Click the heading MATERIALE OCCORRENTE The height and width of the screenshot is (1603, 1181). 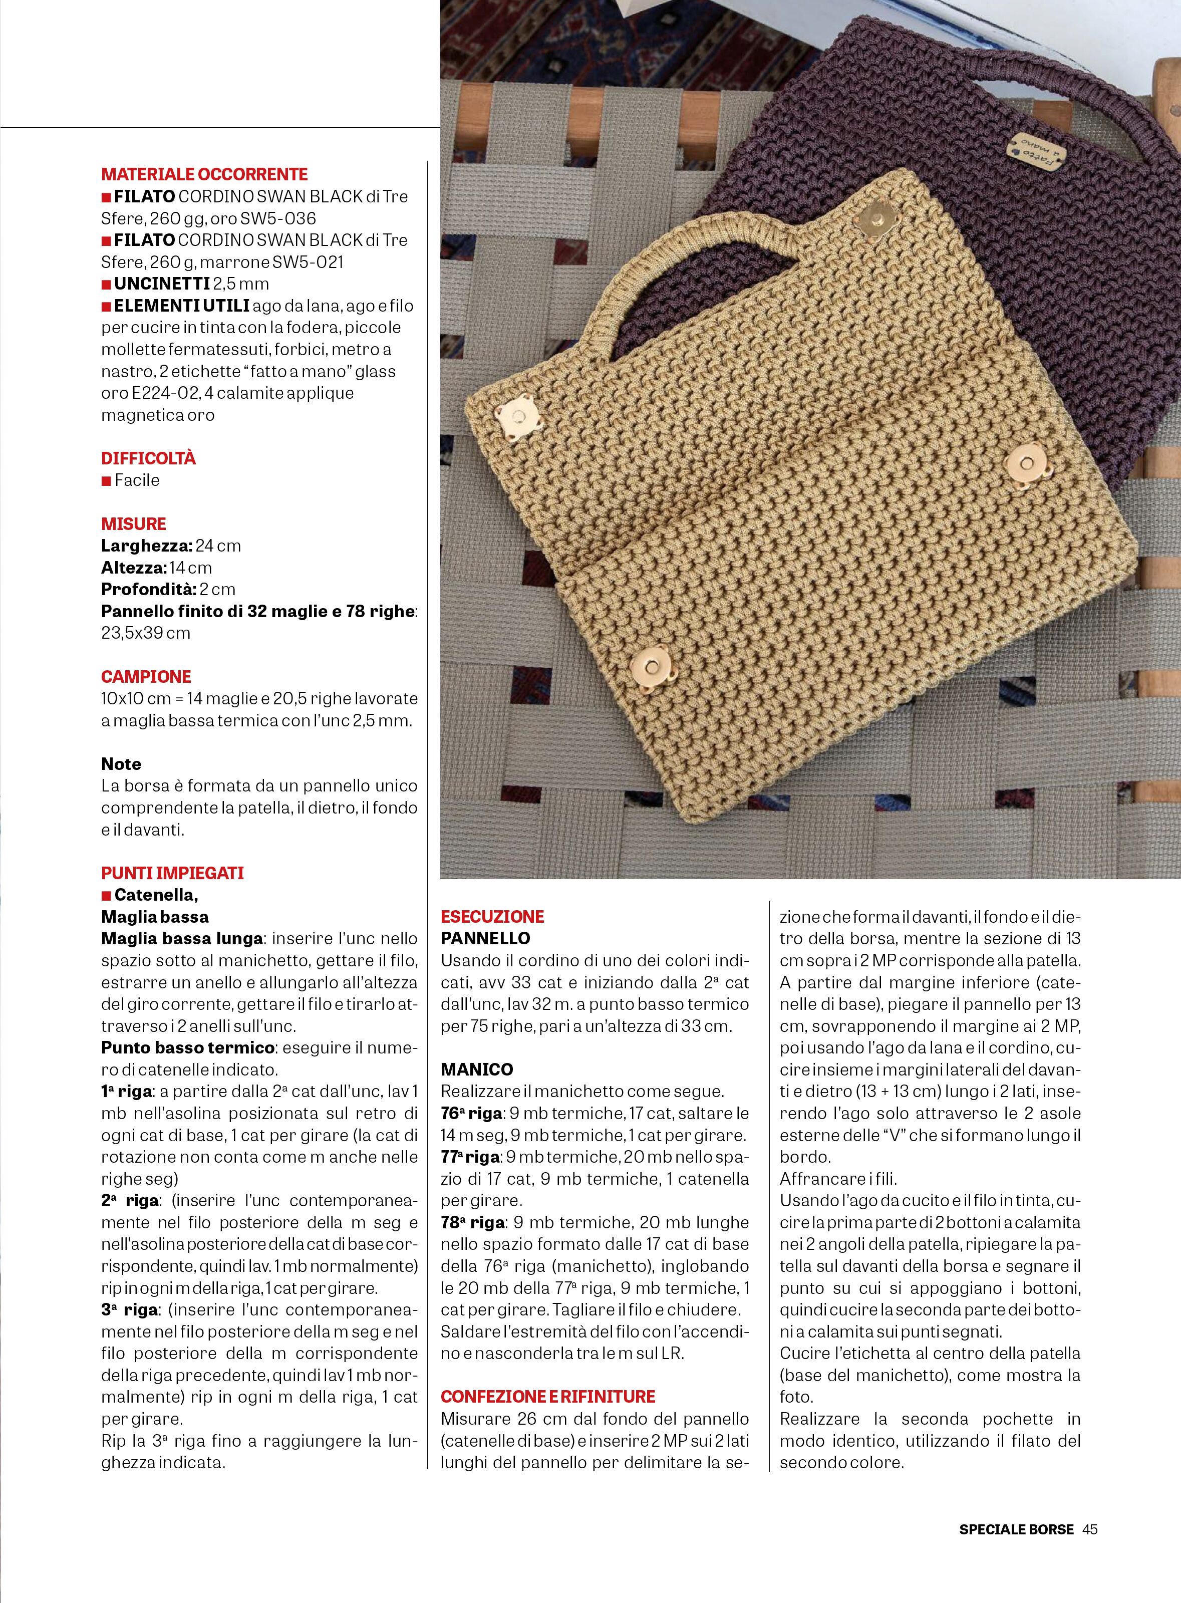click(204, 174)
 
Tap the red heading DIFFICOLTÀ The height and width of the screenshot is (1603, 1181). click(148, 458)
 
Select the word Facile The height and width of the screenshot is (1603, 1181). click(137, 480)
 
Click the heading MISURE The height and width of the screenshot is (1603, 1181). click(134, 524)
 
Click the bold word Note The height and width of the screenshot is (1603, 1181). click(121, 763)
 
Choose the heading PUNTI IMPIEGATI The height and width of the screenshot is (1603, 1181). click(172, 873)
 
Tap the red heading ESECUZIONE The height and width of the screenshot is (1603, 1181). click(492, 917)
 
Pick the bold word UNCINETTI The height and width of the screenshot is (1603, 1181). click(162, 284)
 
